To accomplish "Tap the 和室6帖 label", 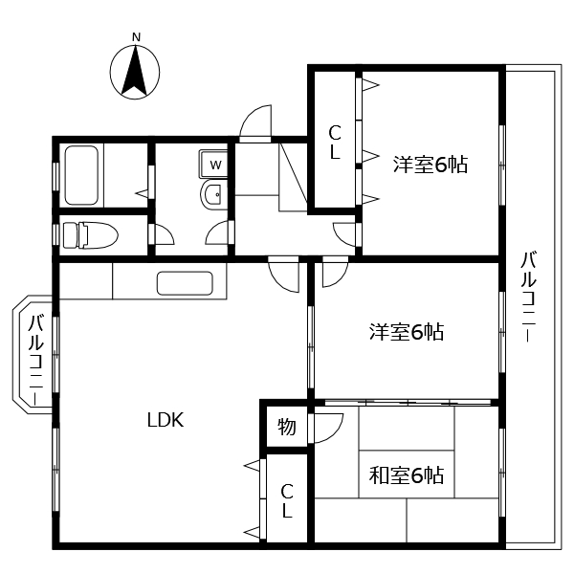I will [x=407, y=475].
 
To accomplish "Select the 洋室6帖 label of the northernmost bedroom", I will [x=430, y=165].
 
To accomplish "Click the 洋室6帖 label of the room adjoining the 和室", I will [x=407, y=332].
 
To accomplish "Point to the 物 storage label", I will [x=286, y=428].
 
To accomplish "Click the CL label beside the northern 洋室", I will [x=335, y=143].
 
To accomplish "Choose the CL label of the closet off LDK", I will [x=286, y=500].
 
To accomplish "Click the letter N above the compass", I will [x=136, y=37].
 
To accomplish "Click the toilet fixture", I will [x=88, y=234].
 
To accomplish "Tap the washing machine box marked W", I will [x=215, y=165].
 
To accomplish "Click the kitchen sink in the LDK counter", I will [x=184, y=284].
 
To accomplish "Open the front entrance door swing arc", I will [x=254, y=122].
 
